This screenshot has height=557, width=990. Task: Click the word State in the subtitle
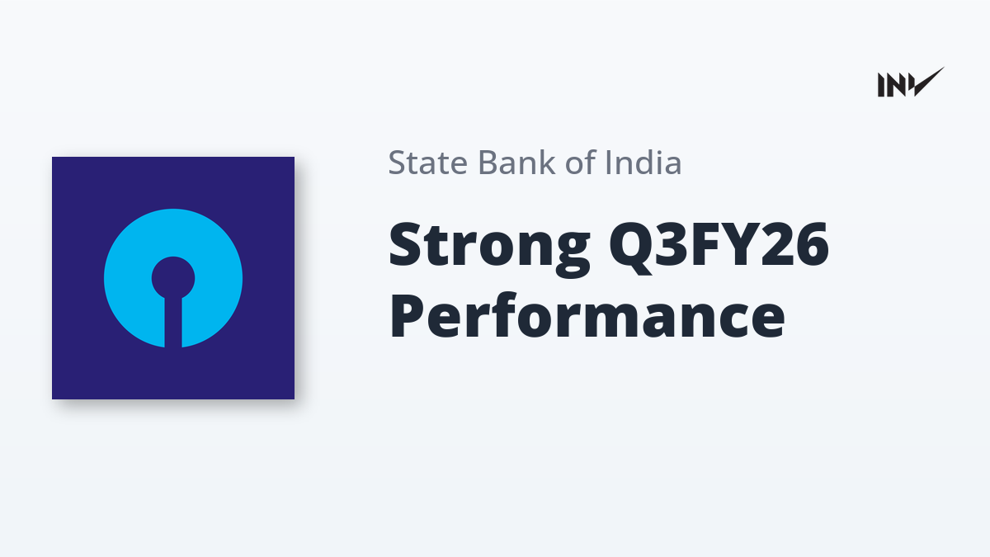coord(428,163)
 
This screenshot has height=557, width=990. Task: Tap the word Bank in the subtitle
coord(516,162)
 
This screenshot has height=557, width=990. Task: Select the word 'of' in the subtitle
coord(580,162)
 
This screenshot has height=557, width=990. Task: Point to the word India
coord(643,162)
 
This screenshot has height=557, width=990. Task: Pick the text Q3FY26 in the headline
coord(719,247)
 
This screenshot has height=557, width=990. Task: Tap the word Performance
coord(587,317)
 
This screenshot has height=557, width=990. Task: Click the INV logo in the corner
coord(911,83)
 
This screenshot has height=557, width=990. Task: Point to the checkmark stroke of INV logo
coord(928,83)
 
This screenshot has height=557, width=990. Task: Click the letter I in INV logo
coord(881,85)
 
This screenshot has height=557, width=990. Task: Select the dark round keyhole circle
coord(173,277)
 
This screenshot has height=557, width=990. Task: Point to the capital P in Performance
coord(407,314)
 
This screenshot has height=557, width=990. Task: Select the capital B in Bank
coord(488,163)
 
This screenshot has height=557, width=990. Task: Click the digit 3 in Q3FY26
coord(672,244)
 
